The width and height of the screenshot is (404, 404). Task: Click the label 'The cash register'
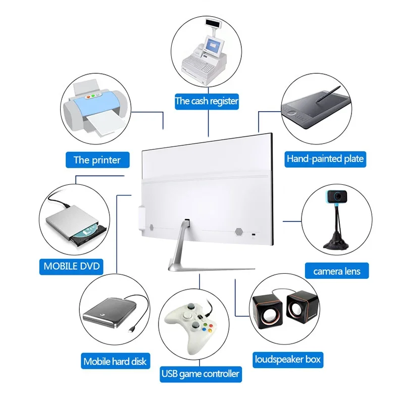[x=207, y=101]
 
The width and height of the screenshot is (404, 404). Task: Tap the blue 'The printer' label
[x=97, y=160]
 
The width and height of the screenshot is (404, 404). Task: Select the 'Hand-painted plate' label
[x=325, y=159]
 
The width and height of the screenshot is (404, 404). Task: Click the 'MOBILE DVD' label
[x=72, y=266]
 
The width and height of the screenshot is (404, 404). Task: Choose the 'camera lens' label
[x=337, y=271]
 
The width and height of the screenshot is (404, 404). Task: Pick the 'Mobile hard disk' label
[x=115, y=361]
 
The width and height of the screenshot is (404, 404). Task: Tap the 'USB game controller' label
[x=200, y=374]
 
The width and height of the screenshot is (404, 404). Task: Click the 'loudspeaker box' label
[x=288, y=360]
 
